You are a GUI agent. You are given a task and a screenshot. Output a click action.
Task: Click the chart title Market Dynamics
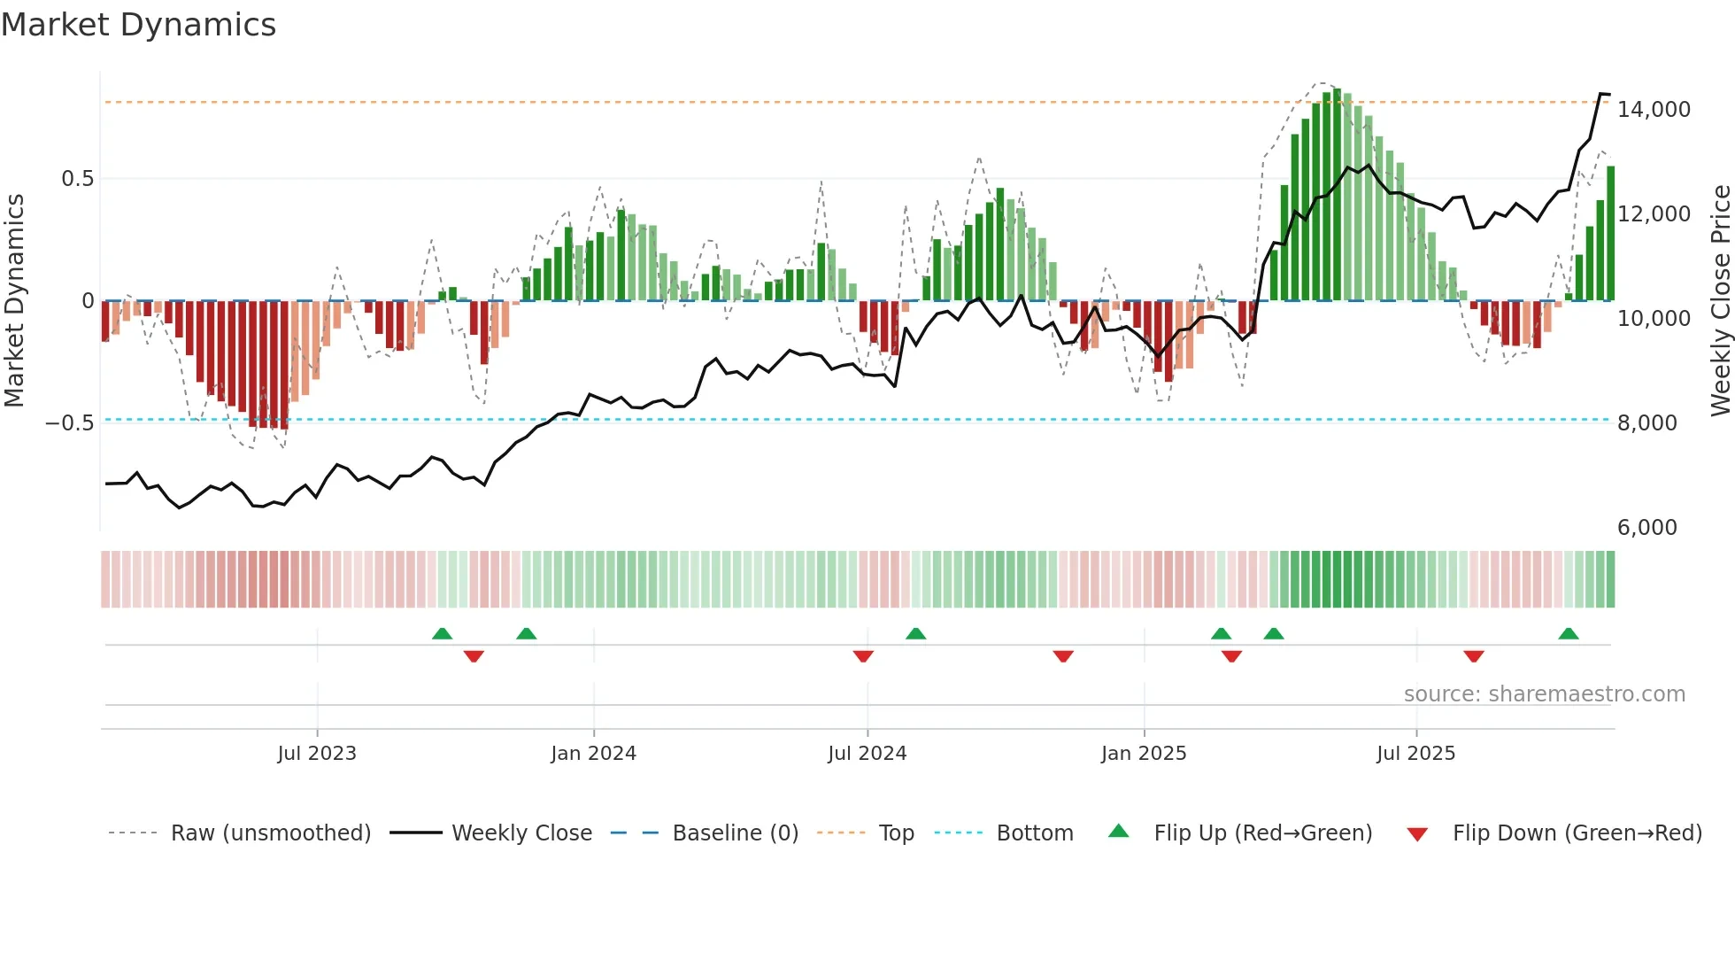138,25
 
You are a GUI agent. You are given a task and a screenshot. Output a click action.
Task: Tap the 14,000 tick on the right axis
1653,110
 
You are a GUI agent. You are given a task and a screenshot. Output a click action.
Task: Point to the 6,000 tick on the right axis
1646,528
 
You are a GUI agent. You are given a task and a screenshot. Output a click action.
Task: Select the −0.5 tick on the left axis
69,423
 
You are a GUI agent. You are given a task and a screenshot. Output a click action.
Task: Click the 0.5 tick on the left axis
77,179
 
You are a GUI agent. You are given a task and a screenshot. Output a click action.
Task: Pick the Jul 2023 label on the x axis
317,754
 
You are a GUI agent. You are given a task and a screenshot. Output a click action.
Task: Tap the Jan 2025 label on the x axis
1144,754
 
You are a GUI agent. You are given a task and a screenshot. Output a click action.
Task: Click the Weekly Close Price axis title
1720,301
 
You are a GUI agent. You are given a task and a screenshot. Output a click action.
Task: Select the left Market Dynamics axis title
14,301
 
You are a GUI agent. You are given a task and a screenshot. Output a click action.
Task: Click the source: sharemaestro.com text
1544,694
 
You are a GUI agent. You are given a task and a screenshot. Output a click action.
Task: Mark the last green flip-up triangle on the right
1568,634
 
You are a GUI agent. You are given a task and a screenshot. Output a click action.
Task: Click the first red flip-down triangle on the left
474,656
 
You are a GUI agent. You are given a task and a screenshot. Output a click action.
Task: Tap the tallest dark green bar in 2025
1337,195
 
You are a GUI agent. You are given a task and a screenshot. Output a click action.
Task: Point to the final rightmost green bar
1610,235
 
